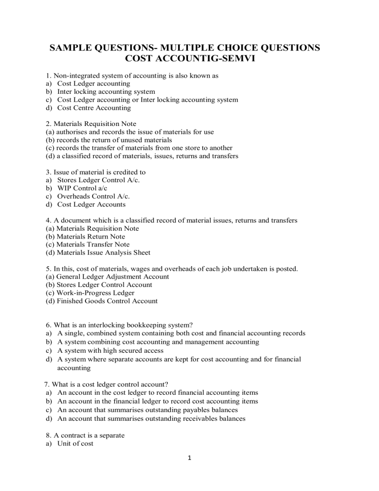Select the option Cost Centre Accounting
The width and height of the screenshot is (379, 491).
point(94,108)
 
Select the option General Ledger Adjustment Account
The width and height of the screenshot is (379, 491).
point(114,277)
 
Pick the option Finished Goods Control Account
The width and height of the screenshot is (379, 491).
point(108,301)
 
